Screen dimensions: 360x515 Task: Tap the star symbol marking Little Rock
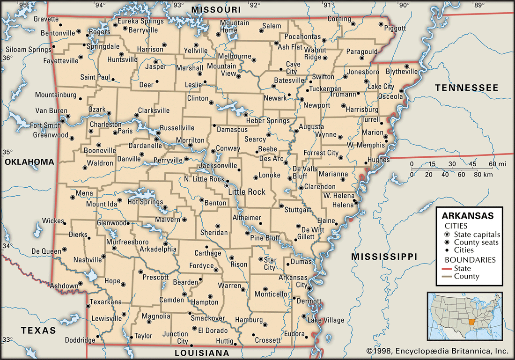tap(227, 185)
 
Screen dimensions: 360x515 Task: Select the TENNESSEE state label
tap(466, 88)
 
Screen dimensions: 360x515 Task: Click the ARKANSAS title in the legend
tap(468, 216)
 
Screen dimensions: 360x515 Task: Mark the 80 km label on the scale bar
tap(483, 175)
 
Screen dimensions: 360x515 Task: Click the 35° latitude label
tap(7, 152)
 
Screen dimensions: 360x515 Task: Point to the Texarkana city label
tap(105, 301)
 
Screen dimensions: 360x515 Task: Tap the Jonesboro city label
tap(363, 72)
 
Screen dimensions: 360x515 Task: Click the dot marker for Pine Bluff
tap(248, 233)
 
